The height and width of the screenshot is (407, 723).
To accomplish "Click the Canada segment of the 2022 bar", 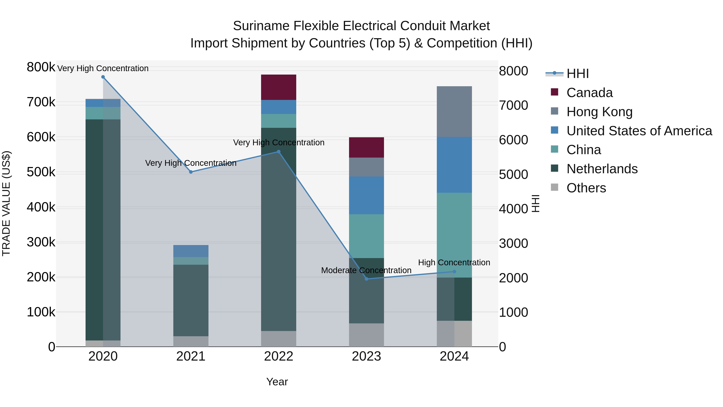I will coord(278,87).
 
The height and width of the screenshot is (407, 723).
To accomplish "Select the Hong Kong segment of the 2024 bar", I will coord(454,112).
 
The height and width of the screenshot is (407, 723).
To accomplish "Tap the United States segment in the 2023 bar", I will coord(366,195).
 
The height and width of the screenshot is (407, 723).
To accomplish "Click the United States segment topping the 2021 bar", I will coord(191,251).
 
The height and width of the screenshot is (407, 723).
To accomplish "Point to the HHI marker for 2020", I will coord(103,77).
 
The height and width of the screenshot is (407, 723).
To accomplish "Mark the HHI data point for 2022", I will coord(278,152).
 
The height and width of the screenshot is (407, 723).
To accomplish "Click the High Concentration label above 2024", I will coord(454,262).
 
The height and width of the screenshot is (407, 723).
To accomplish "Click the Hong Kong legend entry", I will coord(599,112).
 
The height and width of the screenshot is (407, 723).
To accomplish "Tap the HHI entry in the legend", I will coord(577,74).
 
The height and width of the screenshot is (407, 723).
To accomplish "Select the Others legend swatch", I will coord(555,187).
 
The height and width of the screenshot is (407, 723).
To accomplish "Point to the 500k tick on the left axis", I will coord(41,172).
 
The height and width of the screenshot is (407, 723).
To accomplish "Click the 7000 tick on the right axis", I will coord(513,105).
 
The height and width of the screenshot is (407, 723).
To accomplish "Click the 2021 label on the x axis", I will coord(191,356).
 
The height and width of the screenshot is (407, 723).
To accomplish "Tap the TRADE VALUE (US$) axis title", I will coord(6,203).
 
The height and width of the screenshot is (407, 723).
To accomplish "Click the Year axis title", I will coord(277,382).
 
